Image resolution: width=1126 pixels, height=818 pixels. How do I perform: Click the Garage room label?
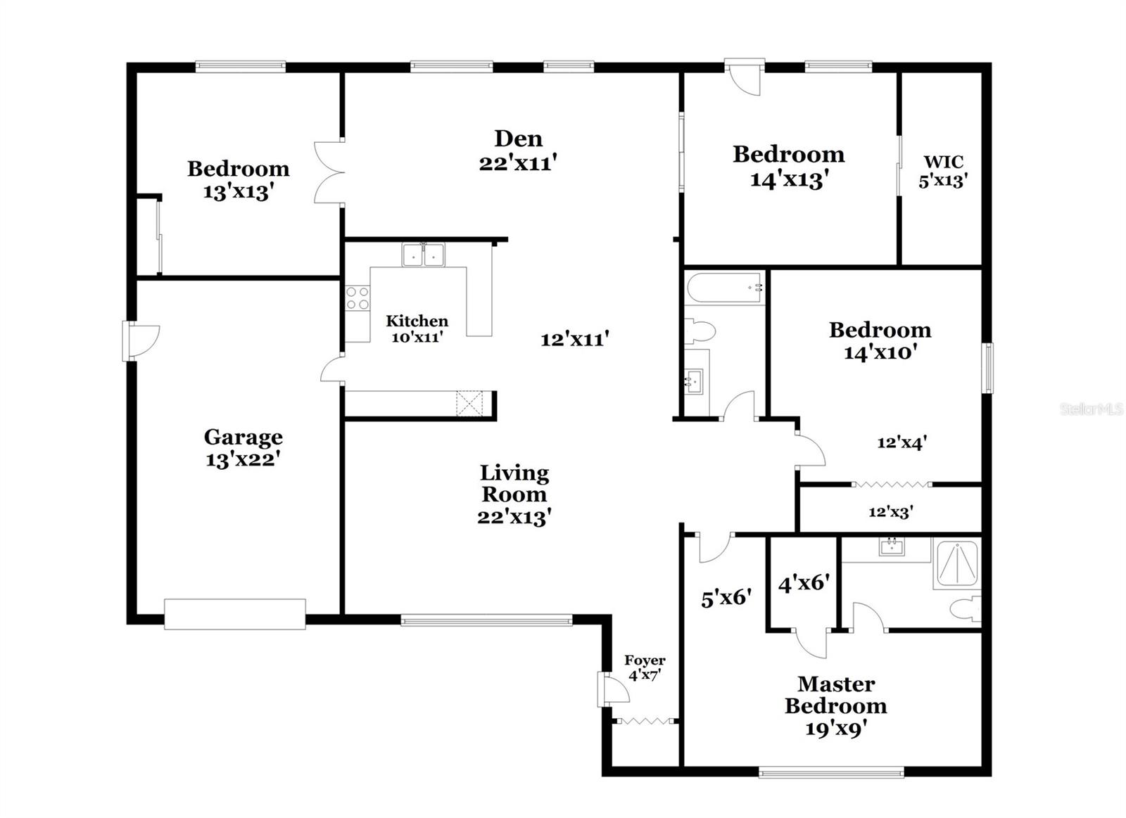pos(243,437)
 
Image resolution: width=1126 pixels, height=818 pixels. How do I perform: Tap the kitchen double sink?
pos(424,255)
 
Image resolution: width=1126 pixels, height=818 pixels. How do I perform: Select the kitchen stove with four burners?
pos(358,298)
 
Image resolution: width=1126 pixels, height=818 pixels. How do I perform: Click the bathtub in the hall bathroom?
pos(725,288)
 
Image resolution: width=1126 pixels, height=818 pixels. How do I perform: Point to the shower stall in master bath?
pos(956,564)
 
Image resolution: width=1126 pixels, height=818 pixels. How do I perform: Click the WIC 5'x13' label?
pos(942,171)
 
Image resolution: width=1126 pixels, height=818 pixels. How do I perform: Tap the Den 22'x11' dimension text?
pos(518,162)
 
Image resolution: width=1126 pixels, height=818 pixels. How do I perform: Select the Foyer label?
pos(645,660)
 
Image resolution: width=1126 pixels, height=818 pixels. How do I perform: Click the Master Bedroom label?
pos(835,694)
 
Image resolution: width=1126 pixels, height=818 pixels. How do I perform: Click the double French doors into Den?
pos(327,173)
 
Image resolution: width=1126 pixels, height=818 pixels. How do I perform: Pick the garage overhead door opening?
pos(235,613)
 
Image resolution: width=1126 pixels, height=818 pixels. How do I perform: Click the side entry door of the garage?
pos(140,341)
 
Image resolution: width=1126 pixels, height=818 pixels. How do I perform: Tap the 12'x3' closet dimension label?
pos(890,512)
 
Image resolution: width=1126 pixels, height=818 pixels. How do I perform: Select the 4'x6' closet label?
pos(803,583)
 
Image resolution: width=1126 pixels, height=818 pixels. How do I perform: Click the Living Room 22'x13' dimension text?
pos(514,517)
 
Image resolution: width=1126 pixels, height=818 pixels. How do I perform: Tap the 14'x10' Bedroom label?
pos(879,340)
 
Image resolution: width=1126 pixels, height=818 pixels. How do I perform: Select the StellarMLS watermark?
pos(1091,409)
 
